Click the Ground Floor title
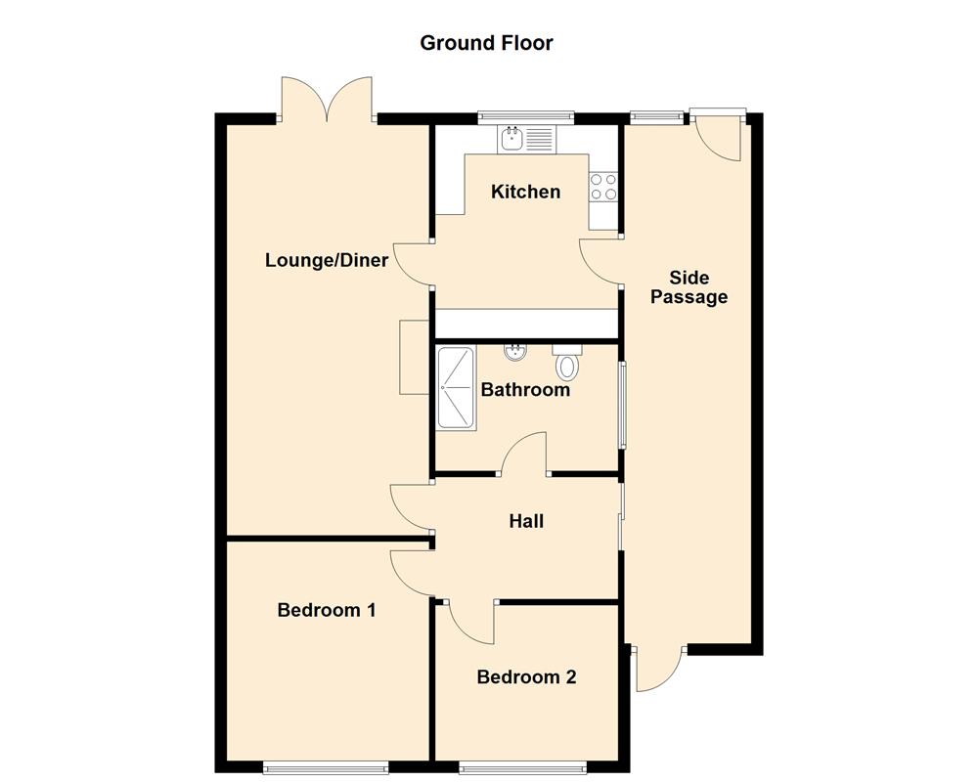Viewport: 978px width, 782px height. point(486,43)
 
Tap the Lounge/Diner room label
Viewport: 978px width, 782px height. point(327,261)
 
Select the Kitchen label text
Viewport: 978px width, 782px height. point(525,192)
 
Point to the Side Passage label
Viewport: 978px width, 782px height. point(689,287)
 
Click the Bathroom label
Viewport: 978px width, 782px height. point(525,390)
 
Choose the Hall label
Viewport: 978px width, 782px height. point(526,521)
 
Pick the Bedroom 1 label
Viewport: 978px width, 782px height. point(327,610)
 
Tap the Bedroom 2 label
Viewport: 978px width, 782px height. point(526,676)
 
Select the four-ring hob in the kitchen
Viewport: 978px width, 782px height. point(603,187)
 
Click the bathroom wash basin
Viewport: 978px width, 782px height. point(513,352)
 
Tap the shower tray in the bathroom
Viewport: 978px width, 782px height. point(456,388)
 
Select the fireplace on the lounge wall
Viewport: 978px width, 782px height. point(415,357)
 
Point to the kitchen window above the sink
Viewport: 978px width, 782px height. point(525,117)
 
